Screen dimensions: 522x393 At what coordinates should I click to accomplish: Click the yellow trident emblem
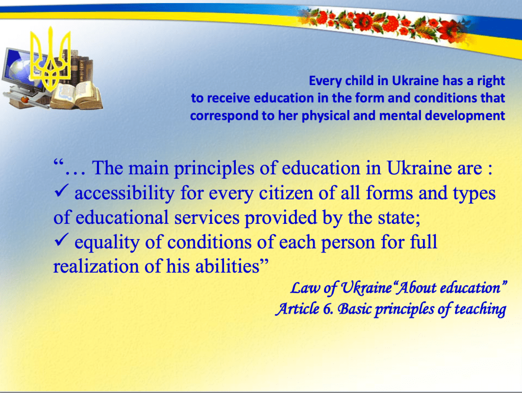(51, 59)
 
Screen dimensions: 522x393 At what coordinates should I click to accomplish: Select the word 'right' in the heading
(491, 82)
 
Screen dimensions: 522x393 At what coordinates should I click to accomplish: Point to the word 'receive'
(229, 98)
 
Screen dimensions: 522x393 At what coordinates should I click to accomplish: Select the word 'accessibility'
(125, 194)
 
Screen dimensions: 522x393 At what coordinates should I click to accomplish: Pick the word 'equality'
(107, 243)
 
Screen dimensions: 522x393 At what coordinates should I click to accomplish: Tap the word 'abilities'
(228, 267)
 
